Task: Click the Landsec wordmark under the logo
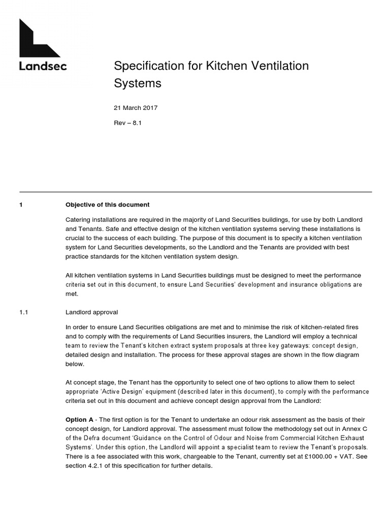click(x=43, y=66)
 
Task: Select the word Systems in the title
click(x=137, y=83)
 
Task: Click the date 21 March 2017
click(x=136, y=108)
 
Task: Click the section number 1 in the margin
click(x=21, y=205)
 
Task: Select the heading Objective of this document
click(x=107, y=205)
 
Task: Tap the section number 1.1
click(x=24, y=312)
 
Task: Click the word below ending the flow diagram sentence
click(x=74, y=364)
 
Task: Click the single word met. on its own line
click(x=72, y=294)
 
